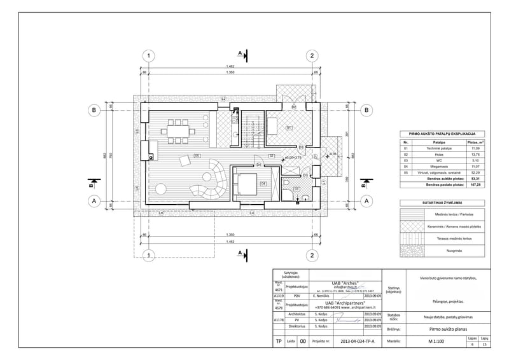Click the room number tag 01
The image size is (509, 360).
tap(289, 128)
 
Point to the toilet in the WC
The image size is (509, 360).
tap(287, 184)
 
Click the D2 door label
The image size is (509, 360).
tap(293, 107)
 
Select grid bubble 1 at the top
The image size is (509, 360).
tap(148, 56)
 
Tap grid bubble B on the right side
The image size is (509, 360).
tap(366, 110)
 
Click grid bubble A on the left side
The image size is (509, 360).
tap(94, 200)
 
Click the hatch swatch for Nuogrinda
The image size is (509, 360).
tap(414, 251)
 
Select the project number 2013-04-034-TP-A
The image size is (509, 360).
tap(358, 342)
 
